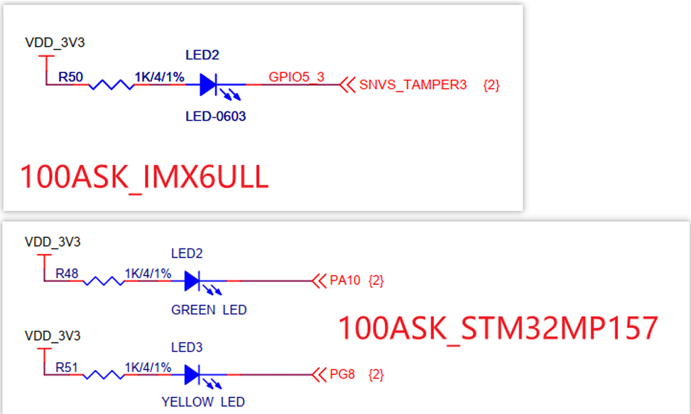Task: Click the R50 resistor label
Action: coord(70,77)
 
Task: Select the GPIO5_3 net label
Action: coord(296,77)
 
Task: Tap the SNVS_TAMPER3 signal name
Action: coord(413,85)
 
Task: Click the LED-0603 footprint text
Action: coord(215,116)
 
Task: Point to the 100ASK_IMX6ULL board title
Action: coord(144,177)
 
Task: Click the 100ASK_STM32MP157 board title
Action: coord(497,328)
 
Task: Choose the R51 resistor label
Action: coord(67,367)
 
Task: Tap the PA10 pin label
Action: coord(345,281)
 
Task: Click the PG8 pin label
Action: coord(342,374)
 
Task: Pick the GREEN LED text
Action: coord(209,310)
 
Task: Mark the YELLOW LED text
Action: coord(203,402)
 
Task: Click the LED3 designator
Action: coord(187,347)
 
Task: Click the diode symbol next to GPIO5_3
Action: coord(208,85)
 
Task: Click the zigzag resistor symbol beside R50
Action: coord(111,85)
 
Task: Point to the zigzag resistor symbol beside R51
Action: coord(104,374)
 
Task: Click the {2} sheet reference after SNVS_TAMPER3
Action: coord(491,85)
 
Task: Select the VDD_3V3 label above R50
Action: coord(55,43)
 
